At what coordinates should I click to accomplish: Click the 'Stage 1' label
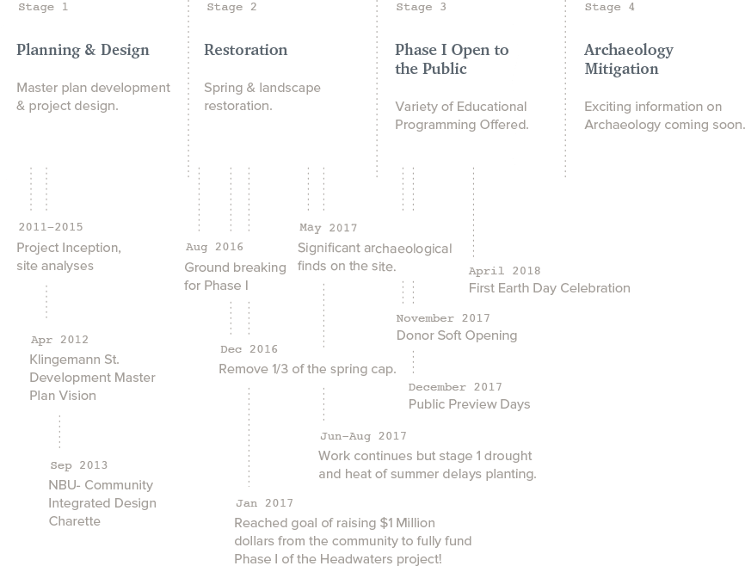coord(43,7)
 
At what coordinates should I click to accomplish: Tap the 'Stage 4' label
coord(609,7)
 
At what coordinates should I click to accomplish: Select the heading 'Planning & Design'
coord(83,50)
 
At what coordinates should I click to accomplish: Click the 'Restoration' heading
coord(246,50)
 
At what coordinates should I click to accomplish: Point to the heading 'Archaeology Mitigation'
coord(629,59)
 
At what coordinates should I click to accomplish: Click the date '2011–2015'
coord(51,227)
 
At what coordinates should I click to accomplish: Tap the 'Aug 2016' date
coord(214,247)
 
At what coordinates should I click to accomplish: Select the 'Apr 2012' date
coord(59,340)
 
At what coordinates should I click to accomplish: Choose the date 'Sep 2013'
coord(79,465)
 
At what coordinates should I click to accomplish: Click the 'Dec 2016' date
coord(249,349)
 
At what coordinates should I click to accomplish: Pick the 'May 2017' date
coord(329,228)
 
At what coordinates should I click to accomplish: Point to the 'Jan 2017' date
coord(265,503)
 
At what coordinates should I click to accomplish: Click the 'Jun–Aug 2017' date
coord(364,436)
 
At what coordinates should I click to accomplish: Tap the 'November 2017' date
coord(443,318)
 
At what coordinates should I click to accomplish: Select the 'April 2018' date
coord(505,271)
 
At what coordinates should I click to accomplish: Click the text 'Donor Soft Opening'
coord(457,335)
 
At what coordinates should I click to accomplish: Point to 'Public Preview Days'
coord(470,404)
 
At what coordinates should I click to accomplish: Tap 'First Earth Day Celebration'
coord(550,288)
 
